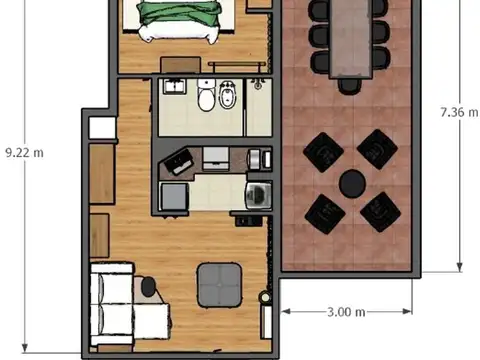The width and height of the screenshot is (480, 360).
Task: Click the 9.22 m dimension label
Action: tap(24, 152)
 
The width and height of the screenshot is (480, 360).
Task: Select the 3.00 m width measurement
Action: tap(345, 312)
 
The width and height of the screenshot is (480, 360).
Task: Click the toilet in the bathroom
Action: tap(206, 97)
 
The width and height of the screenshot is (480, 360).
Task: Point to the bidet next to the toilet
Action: tap(227, 97)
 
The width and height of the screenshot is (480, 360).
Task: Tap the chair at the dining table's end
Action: tap(347, 85)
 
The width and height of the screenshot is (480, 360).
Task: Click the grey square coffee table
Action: tap(219, 284)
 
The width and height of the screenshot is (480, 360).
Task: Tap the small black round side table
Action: tap(149, 288)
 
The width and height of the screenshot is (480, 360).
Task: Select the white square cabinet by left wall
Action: tap(101, 128)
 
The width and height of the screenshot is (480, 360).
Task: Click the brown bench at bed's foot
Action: tap(181, 64)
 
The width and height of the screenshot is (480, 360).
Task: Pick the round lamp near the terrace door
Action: tap(265, 297)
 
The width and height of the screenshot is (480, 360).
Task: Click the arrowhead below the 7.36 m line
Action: tap(459, 266)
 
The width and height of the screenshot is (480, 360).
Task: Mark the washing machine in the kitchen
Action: tap(258, 191)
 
